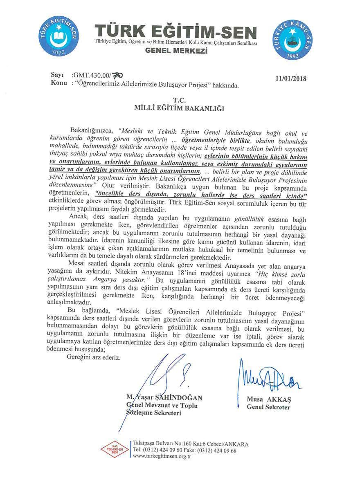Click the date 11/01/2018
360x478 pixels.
pyautogui.click(x=291, y=79)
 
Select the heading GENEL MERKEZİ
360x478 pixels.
pyautogui.click(x=176, y=52)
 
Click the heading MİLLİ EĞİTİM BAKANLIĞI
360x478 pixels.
pyautogui.click(x=180, y=108)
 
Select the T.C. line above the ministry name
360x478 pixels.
pyautogui.click(x=180, y=100)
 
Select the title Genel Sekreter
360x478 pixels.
pyautogui.click(x=268, y=407)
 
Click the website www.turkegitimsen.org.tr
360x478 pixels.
pyautogui.click(x=163, y=456)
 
